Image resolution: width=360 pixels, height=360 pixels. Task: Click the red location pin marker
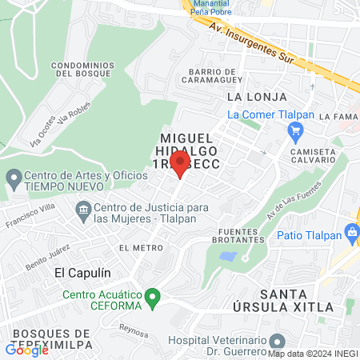(180, 165)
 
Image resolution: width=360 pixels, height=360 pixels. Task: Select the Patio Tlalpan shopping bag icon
(350, 234)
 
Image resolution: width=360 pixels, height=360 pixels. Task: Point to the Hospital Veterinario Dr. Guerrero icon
(277, 342)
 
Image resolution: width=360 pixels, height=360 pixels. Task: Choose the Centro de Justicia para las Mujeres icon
(83, 210)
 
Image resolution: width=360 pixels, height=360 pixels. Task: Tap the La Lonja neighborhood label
(245, 97)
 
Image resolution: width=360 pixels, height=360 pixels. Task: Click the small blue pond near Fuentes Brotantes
(227, 258)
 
